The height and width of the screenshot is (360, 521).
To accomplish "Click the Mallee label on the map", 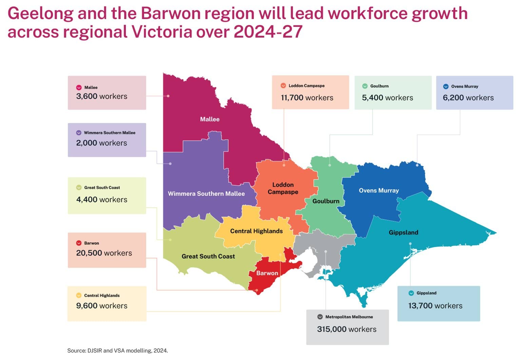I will coord(210,119).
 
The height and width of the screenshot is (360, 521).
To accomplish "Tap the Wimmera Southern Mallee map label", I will coord(206,194).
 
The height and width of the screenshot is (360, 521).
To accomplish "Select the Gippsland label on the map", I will coord(403,232).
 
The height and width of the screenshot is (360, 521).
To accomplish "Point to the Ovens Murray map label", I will coord(379,190).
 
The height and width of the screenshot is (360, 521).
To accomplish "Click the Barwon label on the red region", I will coord(267,273).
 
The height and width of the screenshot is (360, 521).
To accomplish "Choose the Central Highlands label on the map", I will coord(256,231).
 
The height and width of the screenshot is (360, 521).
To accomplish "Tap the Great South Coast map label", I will coord(208,257).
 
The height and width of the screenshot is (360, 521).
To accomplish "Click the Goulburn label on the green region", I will coord(326,201).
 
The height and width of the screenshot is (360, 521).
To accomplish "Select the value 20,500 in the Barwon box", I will coord(89,253).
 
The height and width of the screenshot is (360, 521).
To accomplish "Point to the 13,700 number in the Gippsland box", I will coord(420,306).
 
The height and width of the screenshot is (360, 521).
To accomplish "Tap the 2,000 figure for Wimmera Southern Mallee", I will coord(86,143).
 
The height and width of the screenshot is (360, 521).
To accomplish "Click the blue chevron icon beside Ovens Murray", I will coord(446,87).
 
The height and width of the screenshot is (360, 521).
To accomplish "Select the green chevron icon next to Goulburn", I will coord(365,86).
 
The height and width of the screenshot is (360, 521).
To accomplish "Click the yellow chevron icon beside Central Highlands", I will coord(79,296).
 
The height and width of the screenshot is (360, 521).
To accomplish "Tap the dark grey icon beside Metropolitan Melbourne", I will coord(320,317).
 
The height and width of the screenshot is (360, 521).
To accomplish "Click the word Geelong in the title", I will coord(40,14).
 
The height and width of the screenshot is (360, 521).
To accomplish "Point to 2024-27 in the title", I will coord(268,32).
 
